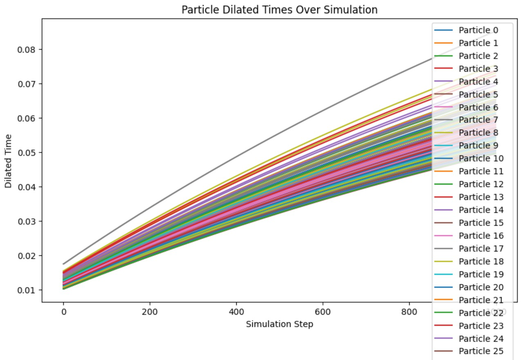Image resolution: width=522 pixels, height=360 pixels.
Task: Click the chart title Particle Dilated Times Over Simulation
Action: [279, 10]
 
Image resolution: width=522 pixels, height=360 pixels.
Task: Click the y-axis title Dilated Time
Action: [8, 161]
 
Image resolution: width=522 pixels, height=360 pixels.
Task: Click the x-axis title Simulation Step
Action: [279, 324]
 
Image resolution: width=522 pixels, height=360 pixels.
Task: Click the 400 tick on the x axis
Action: [236, 312]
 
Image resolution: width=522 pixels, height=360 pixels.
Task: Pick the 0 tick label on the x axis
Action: [63, 312]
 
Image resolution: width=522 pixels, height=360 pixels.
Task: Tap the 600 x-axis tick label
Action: [323, 312]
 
